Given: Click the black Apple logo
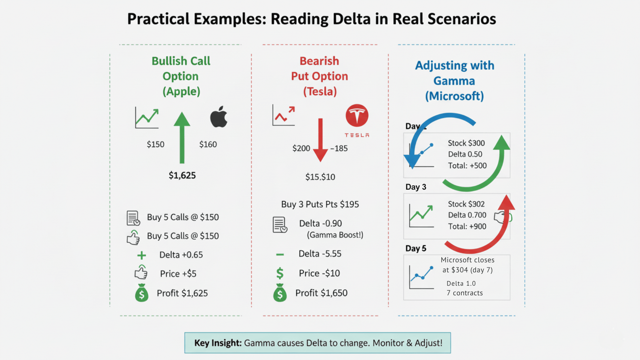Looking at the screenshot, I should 219,117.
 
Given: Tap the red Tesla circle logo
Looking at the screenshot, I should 357,116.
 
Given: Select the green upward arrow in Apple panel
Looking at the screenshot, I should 182,137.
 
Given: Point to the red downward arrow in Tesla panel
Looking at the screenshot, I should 320,140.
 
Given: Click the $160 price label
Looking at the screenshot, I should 208,144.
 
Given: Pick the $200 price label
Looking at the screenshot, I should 301,148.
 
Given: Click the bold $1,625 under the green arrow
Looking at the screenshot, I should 182,175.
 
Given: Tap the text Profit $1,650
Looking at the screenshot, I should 321,293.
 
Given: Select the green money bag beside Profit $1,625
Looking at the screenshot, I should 142,293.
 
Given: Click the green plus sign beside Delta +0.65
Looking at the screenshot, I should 142,255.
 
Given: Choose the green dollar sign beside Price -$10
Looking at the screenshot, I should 280,273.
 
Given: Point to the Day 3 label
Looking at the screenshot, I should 416,187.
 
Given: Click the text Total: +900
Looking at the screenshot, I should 467,226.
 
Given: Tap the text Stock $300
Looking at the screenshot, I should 466,143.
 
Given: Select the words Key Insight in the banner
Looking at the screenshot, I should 218,343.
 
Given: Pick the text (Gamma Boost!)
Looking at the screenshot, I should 335,235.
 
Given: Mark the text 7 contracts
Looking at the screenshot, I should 465,293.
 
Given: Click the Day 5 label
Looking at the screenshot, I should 416,248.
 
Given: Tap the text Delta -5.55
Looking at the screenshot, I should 320,254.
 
